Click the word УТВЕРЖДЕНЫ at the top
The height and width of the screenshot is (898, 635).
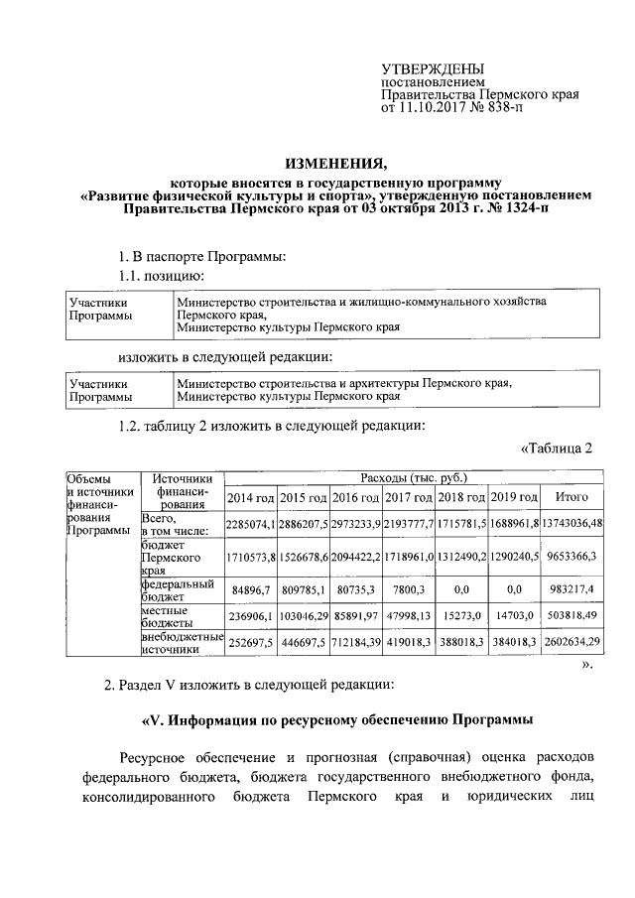click(x=428, y=67)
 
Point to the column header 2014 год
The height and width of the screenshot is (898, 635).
click(x=251, y=497)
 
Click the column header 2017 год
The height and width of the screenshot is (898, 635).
click(x=409, y=497)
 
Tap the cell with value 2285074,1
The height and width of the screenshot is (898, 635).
click(x=251, y=523)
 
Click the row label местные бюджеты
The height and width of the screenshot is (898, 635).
click(x=166, y=615)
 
